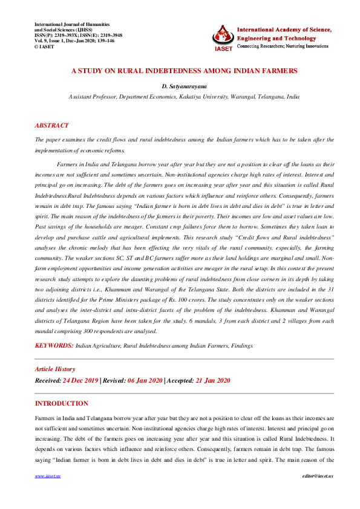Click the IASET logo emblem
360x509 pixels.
[223, 37]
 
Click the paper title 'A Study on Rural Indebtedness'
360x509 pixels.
[184, 71]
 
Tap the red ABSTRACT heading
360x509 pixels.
[51, 125]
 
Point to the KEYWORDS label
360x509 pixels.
[54, 345]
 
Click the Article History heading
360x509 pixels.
[55, 369]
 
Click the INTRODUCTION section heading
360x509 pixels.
[62, 403]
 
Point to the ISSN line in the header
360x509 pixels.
[79, 36]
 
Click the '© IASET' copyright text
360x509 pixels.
[46, 46]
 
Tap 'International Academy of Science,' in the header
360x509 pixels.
[284, 29]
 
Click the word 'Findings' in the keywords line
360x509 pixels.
[240, 345]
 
